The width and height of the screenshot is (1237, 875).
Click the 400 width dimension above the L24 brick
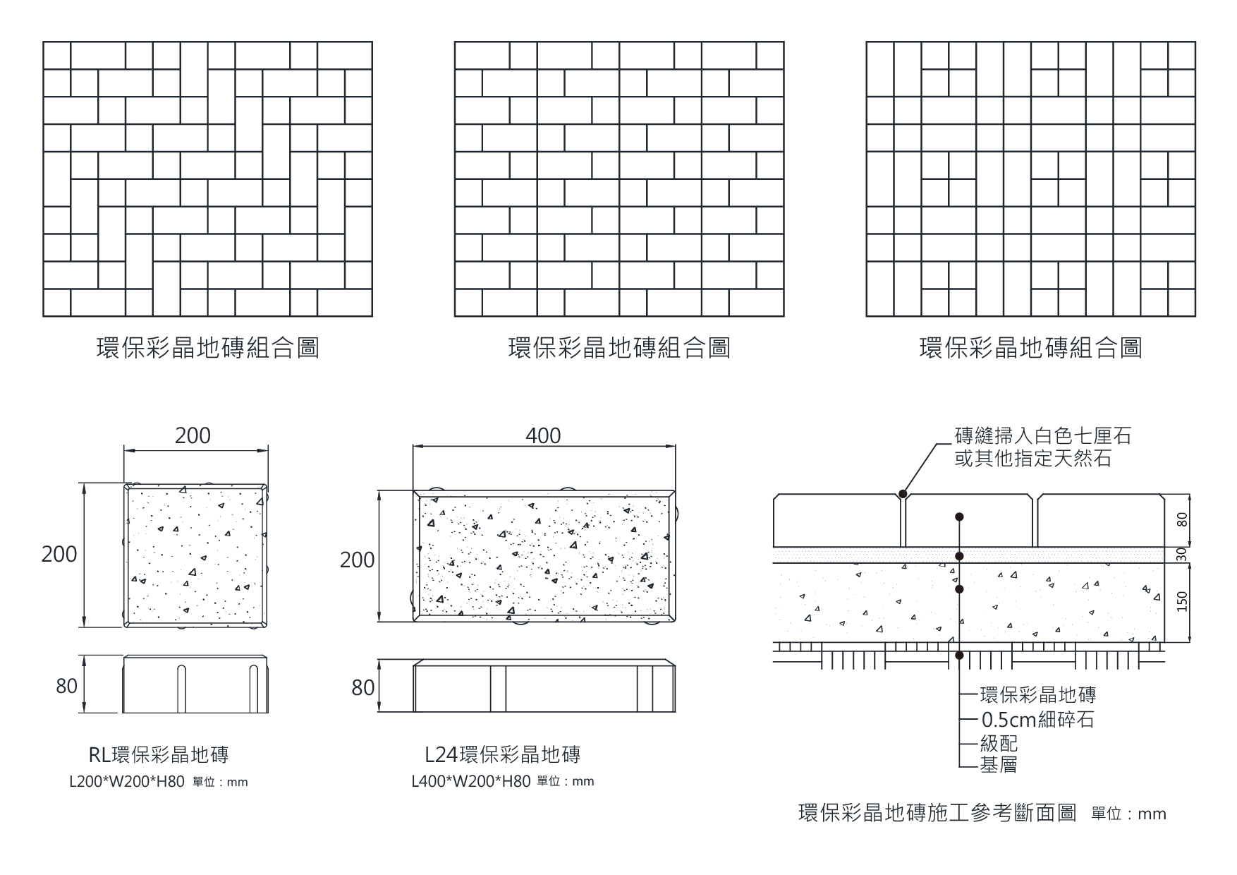coord(543,435)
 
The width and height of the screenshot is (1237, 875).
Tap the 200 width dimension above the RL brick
coord(193,435)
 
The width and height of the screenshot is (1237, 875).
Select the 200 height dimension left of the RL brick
coord(59,554)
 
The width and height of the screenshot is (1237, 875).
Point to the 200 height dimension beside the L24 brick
coord(357,560)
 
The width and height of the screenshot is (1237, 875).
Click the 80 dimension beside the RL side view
coord(66,685)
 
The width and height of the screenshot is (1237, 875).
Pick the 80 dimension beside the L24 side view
coord(362,687)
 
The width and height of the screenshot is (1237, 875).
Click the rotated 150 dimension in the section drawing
coord(1182,601)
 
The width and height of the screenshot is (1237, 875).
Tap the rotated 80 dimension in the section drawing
coord(1182,519)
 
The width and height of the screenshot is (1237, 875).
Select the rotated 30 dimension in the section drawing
coord(1182,555)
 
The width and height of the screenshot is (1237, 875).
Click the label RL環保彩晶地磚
coord(159,754)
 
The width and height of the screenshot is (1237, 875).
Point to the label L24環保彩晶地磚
coord(502,754)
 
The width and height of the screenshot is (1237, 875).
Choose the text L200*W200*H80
coord(127,782)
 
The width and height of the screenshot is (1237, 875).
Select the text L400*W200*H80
coord(471,782)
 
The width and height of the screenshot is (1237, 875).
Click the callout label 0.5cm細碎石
coord(1037,720)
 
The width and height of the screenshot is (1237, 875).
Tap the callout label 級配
coord(999,743)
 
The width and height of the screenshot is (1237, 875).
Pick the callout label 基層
coord(999,764)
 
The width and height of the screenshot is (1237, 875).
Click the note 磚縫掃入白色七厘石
coord(1042,436)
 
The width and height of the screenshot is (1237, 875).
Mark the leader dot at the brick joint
coord(903,494)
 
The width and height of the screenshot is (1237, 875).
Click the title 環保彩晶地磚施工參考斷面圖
coord(937,813)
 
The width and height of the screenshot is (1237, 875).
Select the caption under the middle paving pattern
coord(618,348)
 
